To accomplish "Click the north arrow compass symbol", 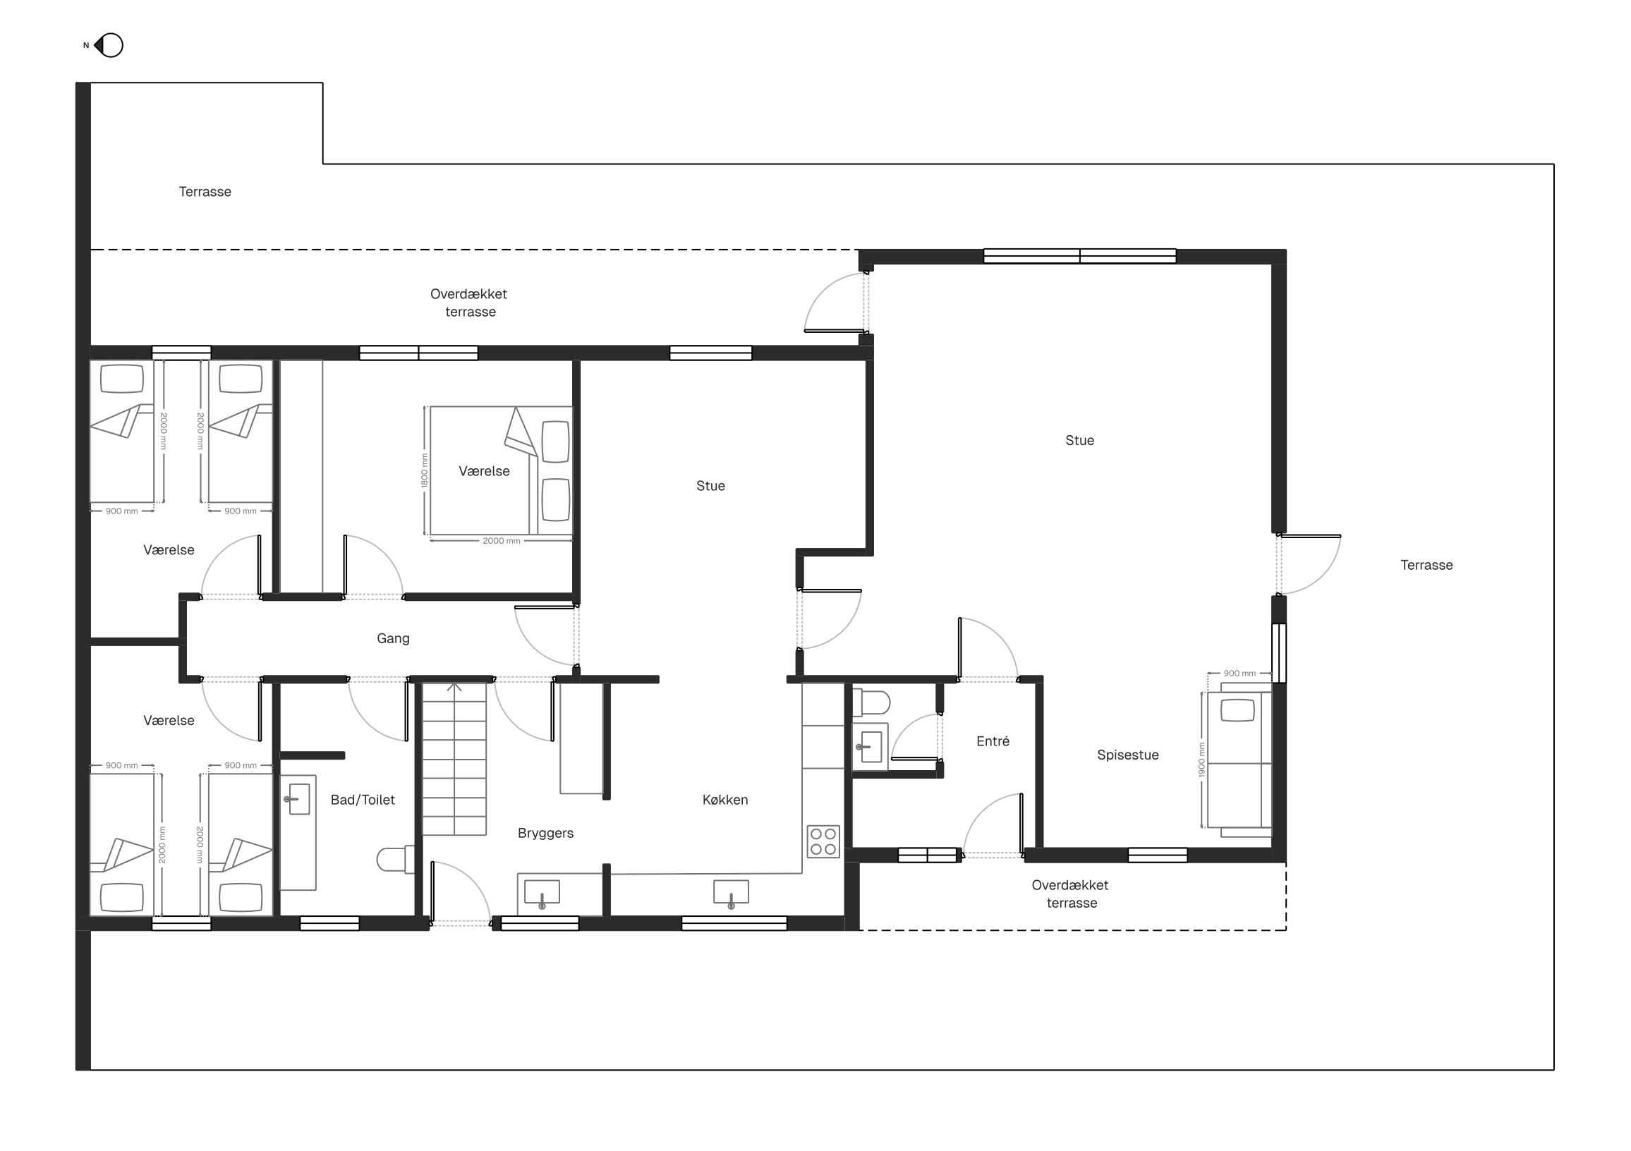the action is pos(109,45).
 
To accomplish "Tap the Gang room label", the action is pos(393,638).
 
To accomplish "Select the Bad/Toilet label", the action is pos(363,800).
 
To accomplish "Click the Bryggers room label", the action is pos(545,834).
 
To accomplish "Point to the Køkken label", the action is pos(725,800).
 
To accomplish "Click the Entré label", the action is pos(993,741).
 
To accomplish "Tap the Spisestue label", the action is pos(1128,755).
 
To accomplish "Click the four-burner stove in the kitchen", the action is pos(823,841).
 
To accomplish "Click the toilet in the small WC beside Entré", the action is pos(872,703).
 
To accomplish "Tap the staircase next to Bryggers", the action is pos(454,759).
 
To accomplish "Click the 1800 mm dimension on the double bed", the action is pos(425,470).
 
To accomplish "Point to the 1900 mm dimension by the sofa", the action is pos(1202,760).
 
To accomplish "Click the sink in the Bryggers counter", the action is pos(542,894).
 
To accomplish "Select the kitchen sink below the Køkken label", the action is pos(731,894).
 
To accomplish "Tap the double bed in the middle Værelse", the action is pos(501,470).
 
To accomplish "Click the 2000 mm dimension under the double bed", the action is pos(502,541).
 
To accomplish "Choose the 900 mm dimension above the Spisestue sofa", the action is pos(1239,673).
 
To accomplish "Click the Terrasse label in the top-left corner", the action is pos(205,192).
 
